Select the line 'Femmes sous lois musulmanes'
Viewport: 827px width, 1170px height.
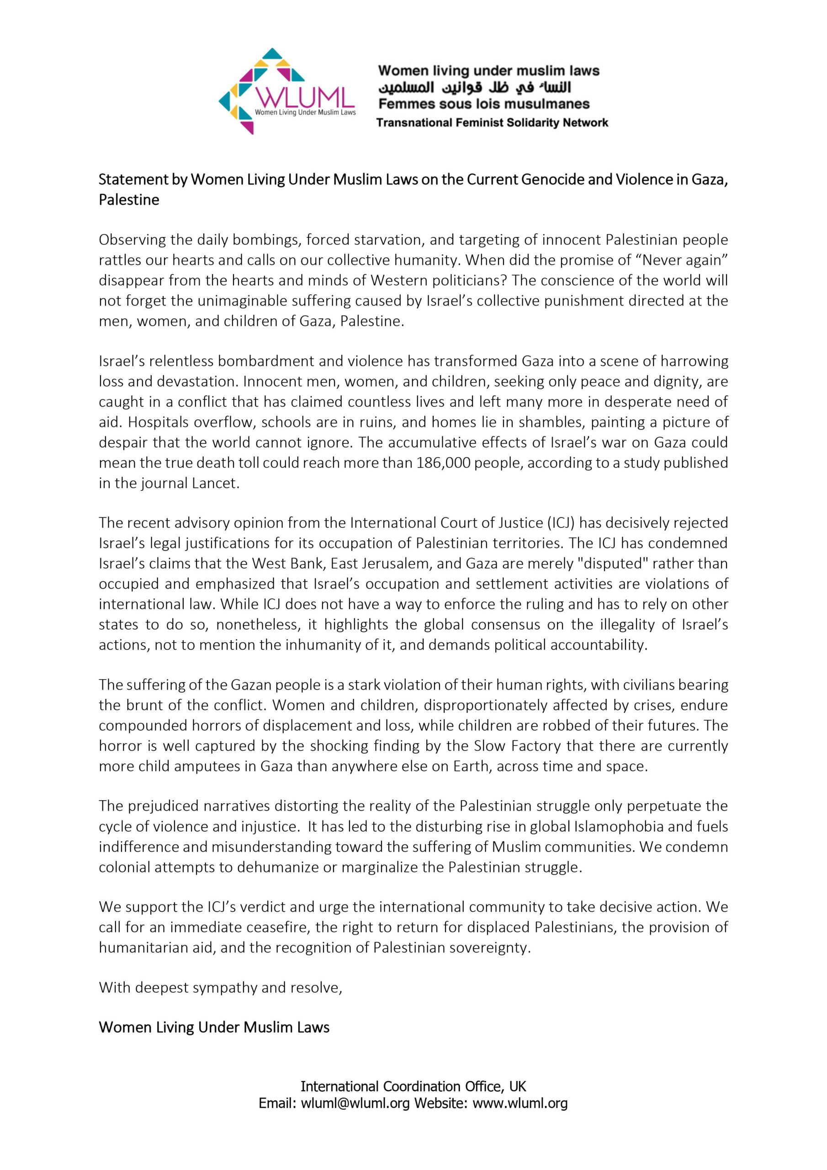[x=483, y=105]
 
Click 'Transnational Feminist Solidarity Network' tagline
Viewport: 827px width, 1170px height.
[x=492, y=123]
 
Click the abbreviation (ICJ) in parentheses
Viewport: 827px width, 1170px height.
[x=561, y=523]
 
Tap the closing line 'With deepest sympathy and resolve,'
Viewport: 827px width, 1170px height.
[x=221, y=988]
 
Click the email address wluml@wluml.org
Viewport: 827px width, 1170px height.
[x=355, y=1104]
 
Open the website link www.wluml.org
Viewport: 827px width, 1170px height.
[x=520, y=1104]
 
